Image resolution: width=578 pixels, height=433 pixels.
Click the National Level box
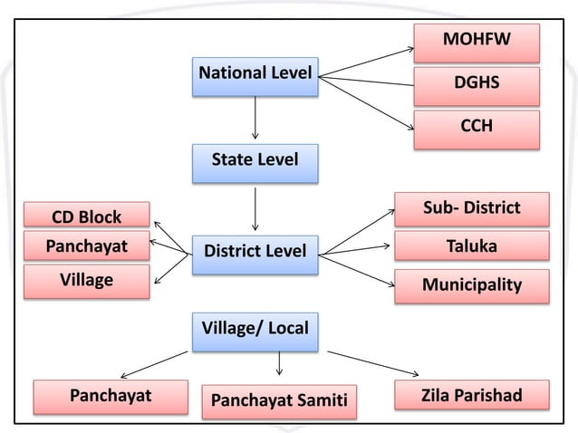[x=255, y=77]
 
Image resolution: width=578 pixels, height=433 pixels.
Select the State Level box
[x=255, y=164]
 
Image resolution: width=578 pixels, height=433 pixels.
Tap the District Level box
[x=255, y=255]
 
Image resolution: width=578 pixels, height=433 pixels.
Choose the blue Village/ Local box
[x=255, y=332]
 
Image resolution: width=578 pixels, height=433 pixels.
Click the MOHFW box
[x=477, y=43]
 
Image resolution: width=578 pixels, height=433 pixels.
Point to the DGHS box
[x=477, y=86]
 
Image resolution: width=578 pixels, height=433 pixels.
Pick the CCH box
[x=477, y=130]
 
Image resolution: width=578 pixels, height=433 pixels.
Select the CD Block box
[x=87, y=214]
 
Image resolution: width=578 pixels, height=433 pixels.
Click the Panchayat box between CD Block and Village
[x=87, y=245]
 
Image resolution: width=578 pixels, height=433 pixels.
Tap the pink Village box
[x=87, y=281]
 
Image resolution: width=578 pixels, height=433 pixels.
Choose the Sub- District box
[x=472, y=209]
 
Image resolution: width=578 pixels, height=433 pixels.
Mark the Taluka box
[x=472, y=245]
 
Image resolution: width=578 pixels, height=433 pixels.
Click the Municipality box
[x=472, y=286]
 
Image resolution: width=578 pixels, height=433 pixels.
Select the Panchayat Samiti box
[x=279, y=401]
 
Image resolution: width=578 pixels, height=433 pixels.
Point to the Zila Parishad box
[x=472, y=395]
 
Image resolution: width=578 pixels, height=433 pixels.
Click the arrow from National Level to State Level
[x=255, y=118]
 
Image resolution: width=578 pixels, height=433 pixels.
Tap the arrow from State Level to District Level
[x=255, y=209]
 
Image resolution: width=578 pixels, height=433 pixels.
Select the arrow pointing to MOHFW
[x=366, y=63]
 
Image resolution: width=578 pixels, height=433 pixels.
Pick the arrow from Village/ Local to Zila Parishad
[x=373, y=364]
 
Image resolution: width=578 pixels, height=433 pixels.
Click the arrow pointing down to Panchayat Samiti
[x=279, y=363]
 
